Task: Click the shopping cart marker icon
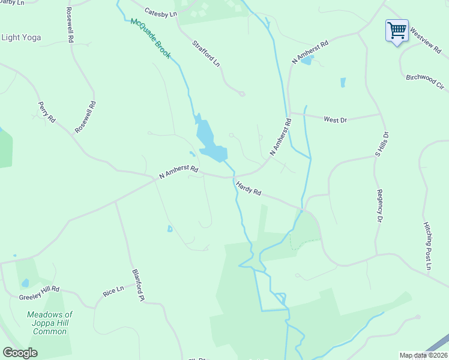pos(397,30)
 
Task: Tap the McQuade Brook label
pos(151,39)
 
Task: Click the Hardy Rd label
pos(249,188)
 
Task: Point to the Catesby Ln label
pos(161,12)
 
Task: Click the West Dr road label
pos(336,120)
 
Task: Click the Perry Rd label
pos(46,112)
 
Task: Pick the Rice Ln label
pos(113,291)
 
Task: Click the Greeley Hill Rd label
pos(39,289)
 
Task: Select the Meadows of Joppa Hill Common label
pos(50,323)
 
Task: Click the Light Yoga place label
pos(22,37)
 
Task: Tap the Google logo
pos(20,352)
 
